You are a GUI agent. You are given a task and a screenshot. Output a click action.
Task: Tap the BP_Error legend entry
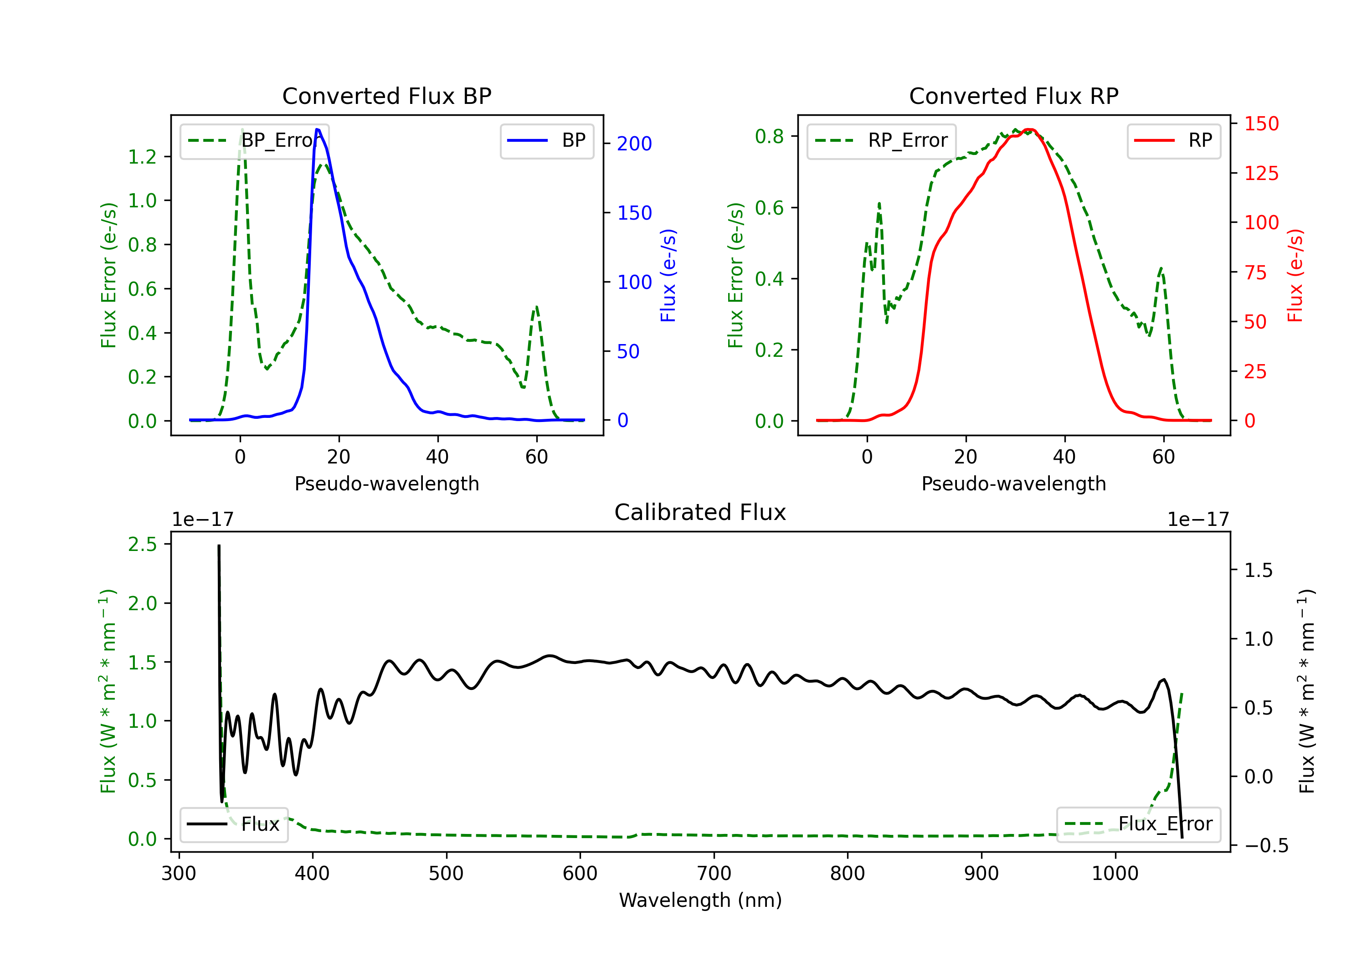pos(255,140)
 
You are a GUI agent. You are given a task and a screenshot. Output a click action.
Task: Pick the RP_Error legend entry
pos(882,140)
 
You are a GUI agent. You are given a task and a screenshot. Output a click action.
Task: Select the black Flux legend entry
pos(234,824)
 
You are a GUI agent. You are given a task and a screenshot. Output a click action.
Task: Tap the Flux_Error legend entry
pos(1138,824)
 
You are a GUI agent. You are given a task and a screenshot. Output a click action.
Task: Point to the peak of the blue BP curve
pos(317,129)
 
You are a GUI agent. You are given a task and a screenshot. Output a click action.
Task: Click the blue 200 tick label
pos(634,144)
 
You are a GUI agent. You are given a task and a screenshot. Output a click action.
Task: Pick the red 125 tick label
pos(1261,173)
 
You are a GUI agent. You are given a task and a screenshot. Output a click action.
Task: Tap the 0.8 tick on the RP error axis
pos(769,136)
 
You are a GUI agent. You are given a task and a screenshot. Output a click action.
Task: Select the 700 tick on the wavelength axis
pos(714,874)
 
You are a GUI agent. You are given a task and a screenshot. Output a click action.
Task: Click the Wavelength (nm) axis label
pos(700,900)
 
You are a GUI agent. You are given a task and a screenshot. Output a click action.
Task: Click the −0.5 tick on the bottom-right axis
pos(1266,846)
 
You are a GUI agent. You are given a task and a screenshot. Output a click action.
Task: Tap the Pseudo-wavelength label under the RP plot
pos(1013,484)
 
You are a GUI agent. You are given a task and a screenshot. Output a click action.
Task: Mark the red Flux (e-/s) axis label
pos(1295,275)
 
